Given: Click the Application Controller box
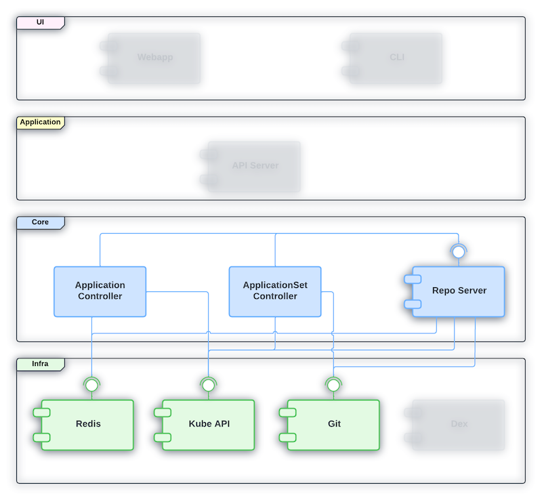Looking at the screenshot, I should [100, 291].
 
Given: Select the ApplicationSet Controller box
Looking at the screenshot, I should [275, 291].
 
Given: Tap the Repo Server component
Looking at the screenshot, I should [459, 291].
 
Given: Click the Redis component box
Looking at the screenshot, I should [88, 425].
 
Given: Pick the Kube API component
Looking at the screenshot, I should [209, 425].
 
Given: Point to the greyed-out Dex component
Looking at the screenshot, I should [459, 425].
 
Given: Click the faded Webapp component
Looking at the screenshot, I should [154, 58].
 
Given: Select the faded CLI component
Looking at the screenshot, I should [396, 58].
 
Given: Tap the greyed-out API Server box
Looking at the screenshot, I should [255, 166].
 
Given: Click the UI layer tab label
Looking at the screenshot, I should [40, 23].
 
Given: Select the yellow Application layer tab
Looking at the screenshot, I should [40, 123].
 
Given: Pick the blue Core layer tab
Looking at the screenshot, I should [40, 222].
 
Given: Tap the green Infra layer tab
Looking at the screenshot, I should [40, 364].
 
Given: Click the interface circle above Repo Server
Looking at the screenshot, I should [459, 252].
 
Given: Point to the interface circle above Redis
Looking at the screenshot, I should [91, 385].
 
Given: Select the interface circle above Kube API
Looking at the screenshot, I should [209, 385].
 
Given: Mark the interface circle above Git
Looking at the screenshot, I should [333, 385].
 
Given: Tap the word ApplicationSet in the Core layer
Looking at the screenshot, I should [275, 285].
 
